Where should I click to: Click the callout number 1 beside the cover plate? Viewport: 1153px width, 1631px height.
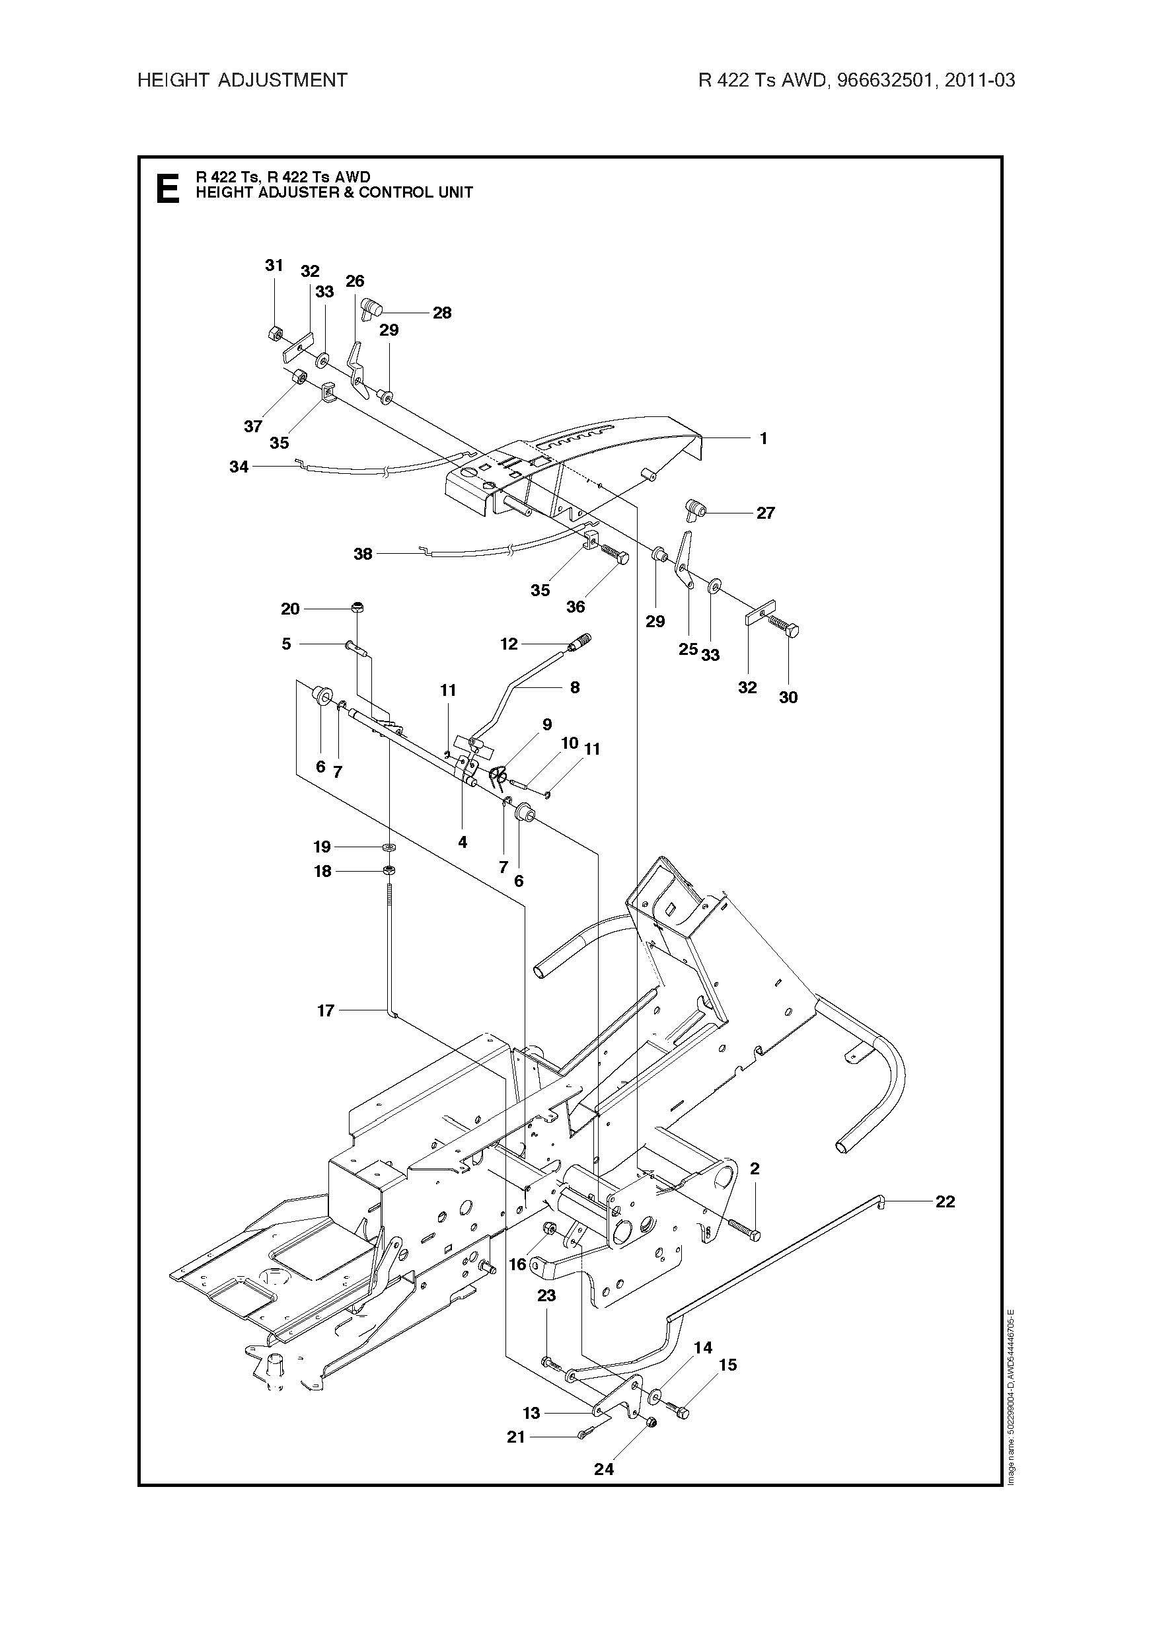764,438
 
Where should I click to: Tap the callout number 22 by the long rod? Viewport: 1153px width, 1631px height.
945,1201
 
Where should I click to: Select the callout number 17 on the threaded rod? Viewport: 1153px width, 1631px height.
325,1010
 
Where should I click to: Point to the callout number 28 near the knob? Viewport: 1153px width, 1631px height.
442,313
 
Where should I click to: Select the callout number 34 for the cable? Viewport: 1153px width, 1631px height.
239,467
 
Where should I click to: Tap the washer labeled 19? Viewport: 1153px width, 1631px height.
389,847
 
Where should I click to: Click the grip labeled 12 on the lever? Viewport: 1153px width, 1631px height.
579,642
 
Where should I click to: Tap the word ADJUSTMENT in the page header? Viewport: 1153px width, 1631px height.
282,80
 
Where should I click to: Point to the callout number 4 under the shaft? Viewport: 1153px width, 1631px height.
463,843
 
